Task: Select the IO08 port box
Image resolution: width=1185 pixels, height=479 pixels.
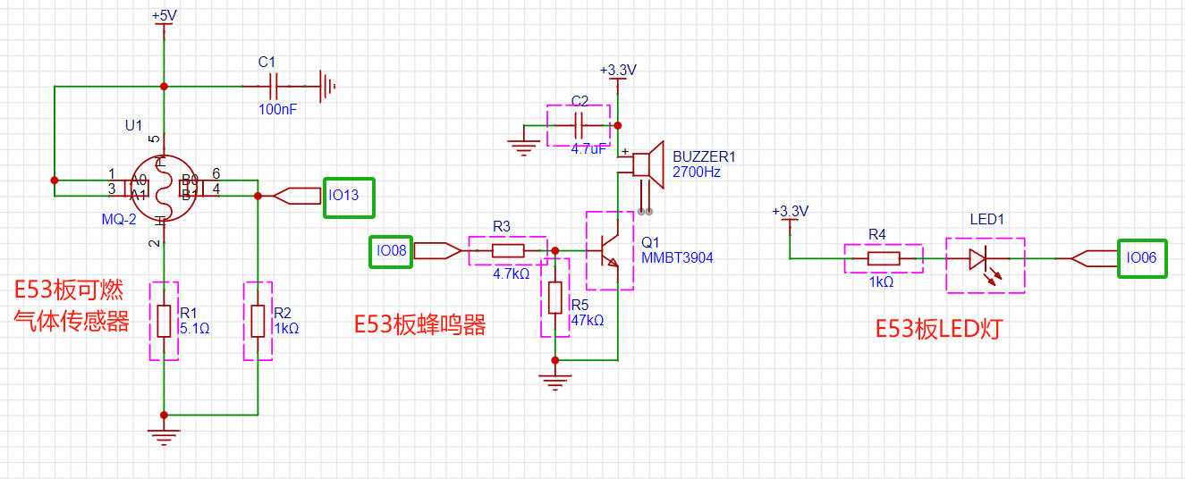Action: (392, 251)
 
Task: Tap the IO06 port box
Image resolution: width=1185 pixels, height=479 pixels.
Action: (1141, 258)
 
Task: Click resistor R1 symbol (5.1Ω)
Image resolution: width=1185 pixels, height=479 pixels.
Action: (164, 321)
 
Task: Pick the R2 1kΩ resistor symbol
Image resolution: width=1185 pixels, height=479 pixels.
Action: (258, 321)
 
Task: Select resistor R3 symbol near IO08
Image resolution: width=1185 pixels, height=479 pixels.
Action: (507, 251)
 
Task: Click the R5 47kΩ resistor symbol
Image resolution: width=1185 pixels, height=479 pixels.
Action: (555, 298)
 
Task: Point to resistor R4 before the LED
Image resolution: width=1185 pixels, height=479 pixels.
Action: (883, 258)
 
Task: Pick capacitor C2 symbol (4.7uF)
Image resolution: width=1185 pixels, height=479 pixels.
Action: (579, 124)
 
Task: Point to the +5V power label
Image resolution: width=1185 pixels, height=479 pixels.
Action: (164, 17)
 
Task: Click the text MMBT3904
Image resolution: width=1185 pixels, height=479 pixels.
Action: (677, 257)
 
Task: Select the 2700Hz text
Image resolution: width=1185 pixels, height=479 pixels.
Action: (697, 172)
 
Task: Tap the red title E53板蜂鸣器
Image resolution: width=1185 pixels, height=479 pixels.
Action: (419, 324)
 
